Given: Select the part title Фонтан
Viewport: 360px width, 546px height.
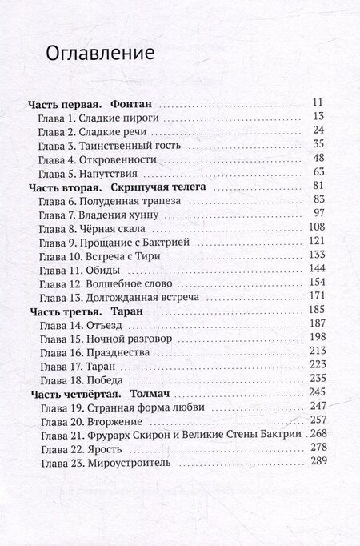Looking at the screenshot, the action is click(x=130, y=104).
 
